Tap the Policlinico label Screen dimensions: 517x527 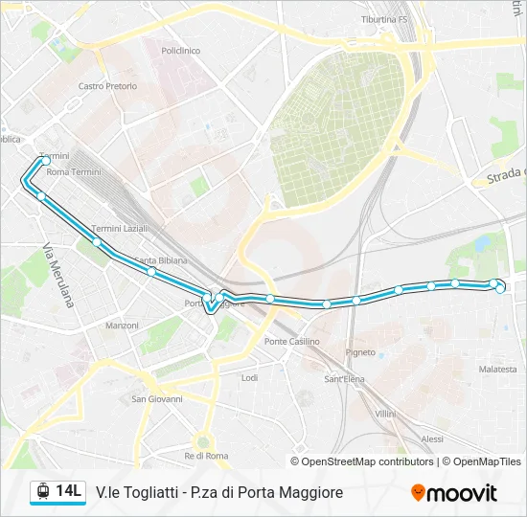tap(180, 50)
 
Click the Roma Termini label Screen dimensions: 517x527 tap(74, 172)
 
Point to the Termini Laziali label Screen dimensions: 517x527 tap(120, 229)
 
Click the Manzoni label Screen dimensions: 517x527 tap(123, 326)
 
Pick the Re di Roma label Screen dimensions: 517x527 tap(206, 455)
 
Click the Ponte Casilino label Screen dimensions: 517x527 tap(292, 342)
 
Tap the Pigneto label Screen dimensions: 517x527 tap(361, 352)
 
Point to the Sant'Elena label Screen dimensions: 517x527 tap(344, 379)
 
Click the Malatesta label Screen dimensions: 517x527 tap(498, 370)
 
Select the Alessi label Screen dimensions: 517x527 tap(432, 438)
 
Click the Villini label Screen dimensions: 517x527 tap(385, 413)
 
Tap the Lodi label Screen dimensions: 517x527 tap(250, 378)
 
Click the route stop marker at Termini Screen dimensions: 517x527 tap(45, 162)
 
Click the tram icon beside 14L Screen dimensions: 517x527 tap(42, 492)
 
